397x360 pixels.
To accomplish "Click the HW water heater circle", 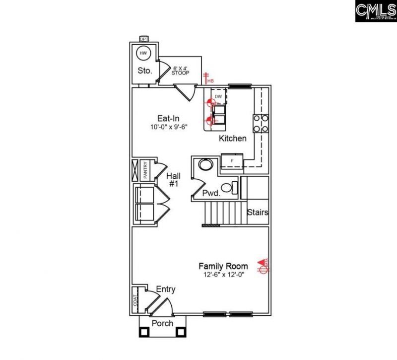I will pyautogui.click(x=143, y=53).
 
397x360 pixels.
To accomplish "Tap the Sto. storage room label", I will pyautogui.click(x=144, y=71).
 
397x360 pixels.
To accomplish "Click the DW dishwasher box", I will pyautogui.click(x=218, y=96).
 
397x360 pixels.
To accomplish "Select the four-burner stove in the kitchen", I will pyautogui.click(x=262, y=124).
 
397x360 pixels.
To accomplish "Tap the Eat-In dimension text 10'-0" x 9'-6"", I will pyautogui.click(x=169, y=127).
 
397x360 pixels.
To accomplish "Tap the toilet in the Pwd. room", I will pyautogui.click(x=228, y=188).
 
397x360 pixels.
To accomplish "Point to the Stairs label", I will pyautogui.click(x=258, y=213).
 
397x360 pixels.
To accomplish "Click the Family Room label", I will pyautogui.click(x=223, y=266).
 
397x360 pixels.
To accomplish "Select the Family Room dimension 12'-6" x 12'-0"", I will pyautogui.click(x=223, y=275).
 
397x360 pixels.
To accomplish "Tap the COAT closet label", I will pyautogui.click(x=134, y=300).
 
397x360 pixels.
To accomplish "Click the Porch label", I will pyautogui.click(x=162, y=323).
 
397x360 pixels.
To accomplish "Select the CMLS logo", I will pyautogui.click(x=375, y=11).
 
